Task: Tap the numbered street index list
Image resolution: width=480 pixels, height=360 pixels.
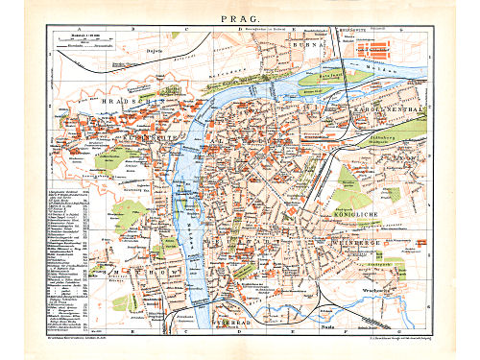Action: (x=67, y=259)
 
